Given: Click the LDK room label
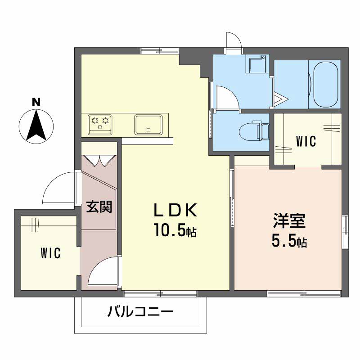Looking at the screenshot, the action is tap(175, 210).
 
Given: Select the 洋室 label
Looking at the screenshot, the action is tap(289, 220).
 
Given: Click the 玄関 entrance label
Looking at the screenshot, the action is tap(99, 207).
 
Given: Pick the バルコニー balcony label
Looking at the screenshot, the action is tap(140, 311).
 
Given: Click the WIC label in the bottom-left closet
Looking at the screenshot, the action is tap(50, 253).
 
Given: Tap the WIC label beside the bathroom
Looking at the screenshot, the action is tap(306, 141).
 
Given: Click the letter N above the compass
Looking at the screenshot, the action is tap(36, 102).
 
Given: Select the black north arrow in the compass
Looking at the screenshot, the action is tap(36, 125).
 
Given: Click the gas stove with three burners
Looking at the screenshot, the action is tap(100, 124).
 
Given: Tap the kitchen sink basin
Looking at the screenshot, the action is tap(148, 125).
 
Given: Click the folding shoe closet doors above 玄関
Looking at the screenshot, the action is tap(99, 161).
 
